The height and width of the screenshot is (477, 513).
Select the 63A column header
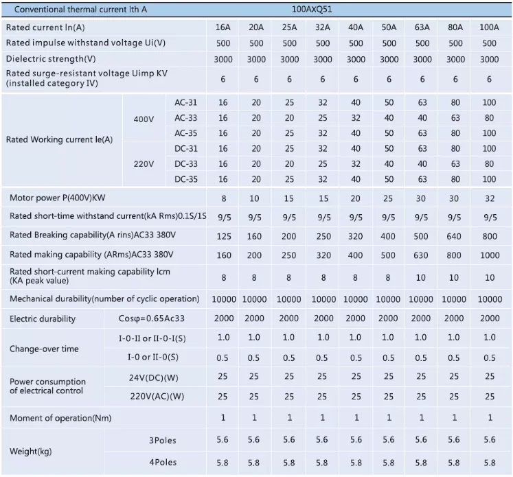click(x=421, y=27)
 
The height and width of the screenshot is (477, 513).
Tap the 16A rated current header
click(x=223, y=27)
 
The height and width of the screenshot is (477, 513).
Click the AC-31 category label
click(x=185, y=102)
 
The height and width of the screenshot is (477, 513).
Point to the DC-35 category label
click(x=185, y=179)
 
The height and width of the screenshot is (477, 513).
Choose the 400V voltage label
click(x=144, y=119)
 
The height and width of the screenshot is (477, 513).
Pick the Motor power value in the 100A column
click(x=489, y=198)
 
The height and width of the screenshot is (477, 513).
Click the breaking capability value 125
click(x=223, y=235)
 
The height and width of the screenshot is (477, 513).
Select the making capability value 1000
click(x=489, y=254)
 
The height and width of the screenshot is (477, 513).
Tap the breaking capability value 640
click(x=454, y=235)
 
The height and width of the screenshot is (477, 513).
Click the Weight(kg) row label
click(x=31, y=452)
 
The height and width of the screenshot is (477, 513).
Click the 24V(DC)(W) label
click(x=157, y=377)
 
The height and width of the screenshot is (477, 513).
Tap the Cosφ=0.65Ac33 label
click(x=152, y=319)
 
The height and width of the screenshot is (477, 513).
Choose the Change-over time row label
click(x=44, y=349)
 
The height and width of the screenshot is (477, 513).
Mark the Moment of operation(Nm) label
click(x=60, y=418)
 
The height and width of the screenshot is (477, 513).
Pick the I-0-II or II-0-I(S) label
click(x=156, y=338)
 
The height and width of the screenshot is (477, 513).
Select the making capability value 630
click(x=421, y=254)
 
